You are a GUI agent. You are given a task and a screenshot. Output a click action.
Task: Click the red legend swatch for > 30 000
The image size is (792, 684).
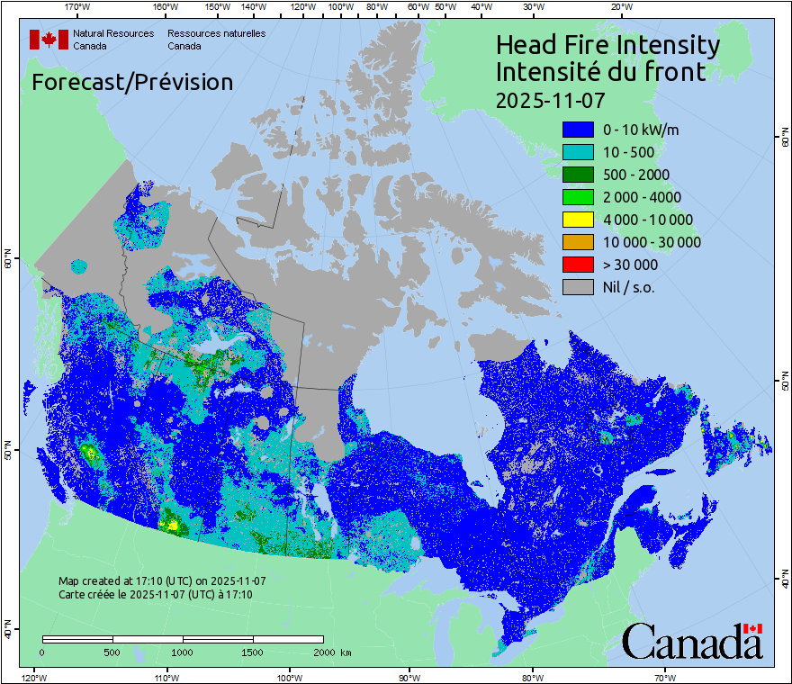[x=578, y=265]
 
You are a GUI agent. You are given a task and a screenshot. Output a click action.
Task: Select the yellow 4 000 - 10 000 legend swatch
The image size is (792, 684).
[x=578, y=220]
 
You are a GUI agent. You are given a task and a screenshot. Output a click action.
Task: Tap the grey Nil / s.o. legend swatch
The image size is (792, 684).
[x=578, y=287]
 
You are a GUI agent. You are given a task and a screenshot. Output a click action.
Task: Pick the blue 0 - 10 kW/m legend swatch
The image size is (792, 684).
[x=578, y=130]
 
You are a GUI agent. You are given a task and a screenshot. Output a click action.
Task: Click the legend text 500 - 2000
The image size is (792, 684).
[x=636, y=175]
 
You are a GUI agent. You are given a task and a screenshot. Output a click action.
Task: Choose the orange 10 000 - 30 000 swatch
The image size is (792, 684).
[x=578, y=242]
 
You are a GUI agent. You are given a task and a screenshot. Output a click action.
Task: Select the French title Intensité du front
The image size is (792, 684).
[x=600, y=72]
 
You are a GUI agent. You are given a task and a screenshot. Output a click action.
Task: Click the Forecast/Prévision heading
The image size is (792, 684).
[x=132, y=82]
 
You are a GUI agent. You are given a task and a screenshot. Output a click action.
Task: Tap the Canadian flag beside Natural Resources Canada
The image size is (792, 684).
[x=49, y=39]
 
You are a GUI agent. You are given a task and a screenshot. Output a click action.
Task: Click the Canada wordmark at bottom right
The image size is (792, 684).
[x=692, y=641]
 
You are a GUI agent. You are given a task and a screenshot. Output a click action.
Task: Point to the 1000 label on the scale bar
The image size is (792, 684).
[x=183, y=652]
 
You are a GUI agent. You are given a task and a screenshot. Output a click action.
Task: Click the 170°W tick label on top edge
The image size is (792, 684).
[x=77, y=7]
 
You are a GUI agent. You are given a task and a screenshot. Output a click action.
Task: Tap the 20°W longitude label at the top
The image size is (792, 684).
[x=620, y=7]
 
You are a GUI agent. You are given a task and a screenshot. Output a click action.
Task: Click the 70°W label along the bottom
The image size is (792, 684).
[x=664, y=677]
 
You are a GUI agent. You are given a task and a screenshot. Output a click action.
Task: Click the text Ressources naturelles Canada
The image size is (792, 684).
[x=216, y=39]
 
